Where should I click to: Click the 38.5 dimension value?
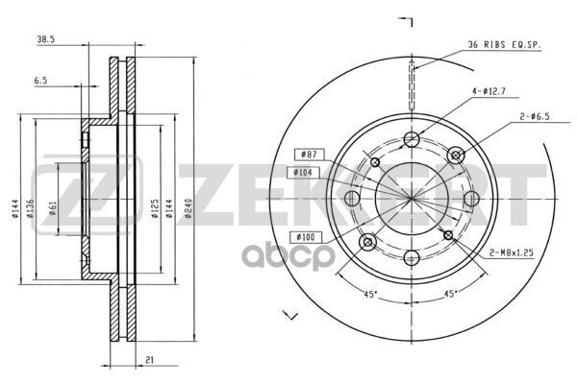tap(45, 39)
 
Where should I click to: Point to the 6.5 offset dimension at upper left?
tap(40, 81)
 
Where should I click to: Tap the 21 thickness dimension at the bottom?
tap(149, 361)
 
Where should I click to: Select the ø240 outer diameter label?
tap(188, 208)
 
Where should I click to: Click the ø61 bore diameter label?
tap(53, 208)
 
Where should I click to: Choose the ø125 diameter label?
tap(155, 208)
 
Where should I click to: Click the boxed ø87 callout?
tap(309, 155)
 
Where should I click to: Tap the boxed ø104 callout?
tap(303, 172)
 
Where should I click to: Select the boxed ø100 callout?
tap(306, 237)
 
